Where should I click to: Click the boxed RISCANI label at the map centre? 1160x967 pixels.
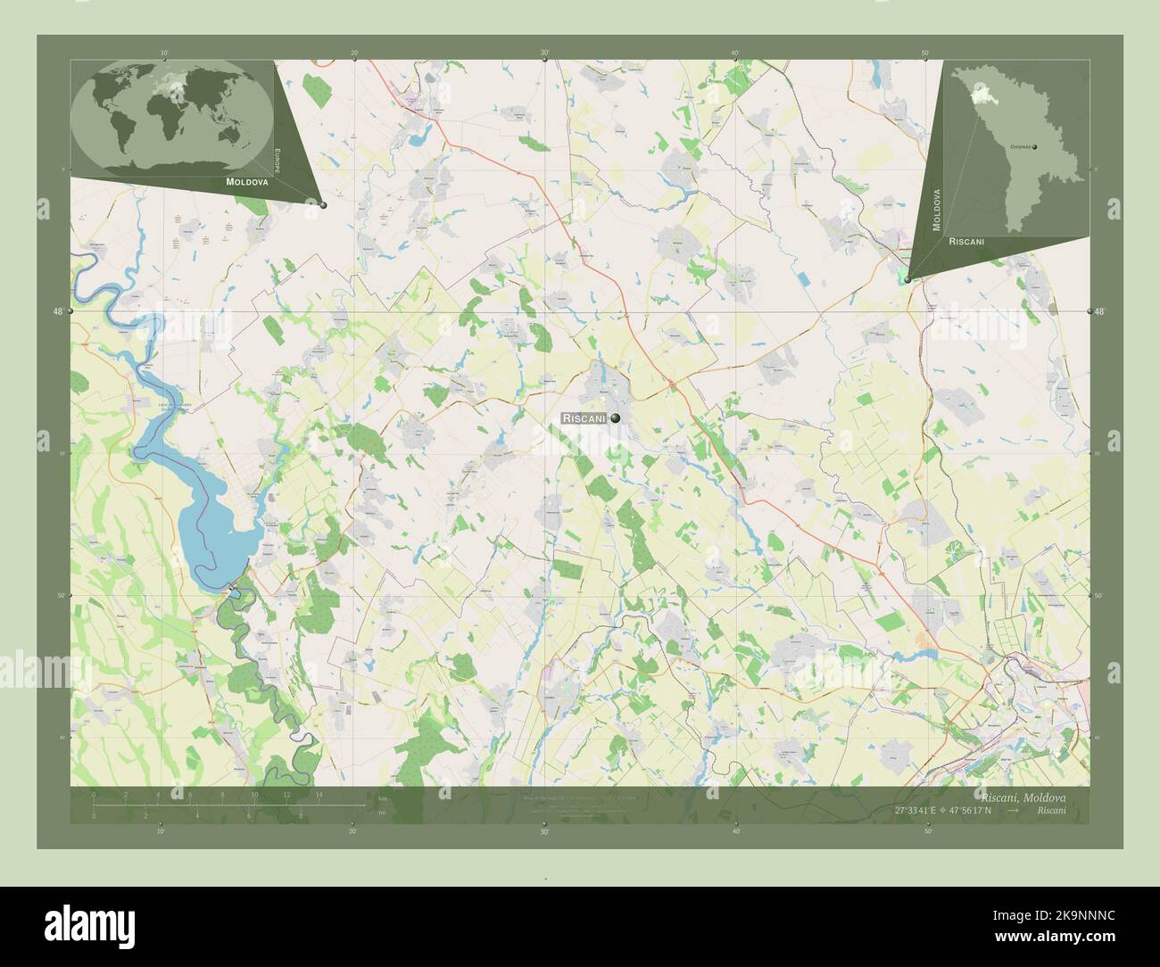(x=584, y=417)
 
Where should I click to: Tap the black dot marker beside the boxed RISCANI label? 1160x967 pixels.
(x=615, y=417)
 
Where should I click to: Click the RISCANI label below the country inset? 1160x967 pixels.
(x=967, y=241)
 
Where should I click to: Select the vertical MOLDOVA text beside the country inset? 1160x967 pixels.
(x=937, y=211)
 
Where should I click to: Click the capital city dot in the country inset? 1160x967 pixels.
(x=1034, y=146)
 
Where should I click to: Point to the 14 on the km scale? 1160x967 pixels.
(x=318, y=793)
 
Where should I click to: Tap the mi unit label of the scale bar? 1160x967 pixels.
(x=382, y=813)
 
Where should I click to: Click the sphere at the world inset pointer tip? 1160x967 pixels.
(x=323, y=205)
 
